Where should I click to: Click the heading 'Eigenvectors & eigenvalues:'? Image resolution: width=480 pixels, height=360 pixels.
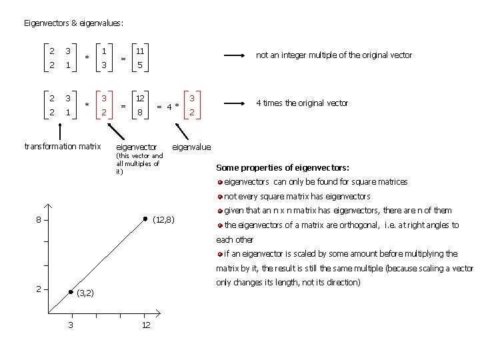point(73,23)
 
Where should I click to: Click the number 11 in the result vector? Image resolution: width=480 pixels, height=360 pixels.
point(140,51)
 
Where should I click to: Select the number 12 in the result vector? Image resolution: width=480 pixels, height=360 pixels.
point(140,99)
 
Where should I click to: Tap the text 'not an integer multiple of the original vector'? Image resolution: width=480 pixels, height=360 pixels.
point(334,55)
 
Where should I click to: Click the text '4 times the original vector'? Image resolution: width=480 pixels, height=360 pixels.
point(302,103)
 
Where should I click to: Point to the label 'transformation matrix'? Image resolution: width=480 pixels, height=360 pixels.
point(62,147)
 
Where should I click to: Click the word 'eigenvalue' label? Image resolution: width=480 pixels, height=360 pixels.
point(191,147)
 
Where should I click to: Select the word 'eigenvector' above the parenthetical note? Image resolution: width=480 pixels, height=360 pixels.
point(137,147)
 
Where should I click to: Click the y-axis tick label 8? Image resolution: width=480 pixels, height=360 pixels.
point(39,221)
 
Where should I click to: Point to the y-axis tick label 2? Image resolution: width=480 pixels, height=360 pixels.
point(39,289)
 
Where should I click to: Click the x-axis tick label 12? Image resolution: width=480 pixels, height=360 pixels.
point(145,325)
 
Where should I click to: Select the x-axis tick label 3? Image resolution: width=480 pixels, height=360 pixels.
point(71,325)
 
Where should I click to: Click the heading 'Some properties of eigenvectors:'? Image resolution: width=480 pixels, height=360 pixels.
point(283,168)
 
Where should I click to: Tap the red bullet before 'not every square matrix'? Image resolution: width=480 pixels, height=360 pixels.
point(220,197)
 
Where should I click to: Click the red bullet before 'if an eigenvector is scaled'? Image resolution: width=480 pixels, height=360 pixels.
point(220,254)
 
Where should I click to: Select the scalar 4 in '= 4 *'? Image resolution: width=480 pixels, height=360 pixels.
point(171,106)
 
